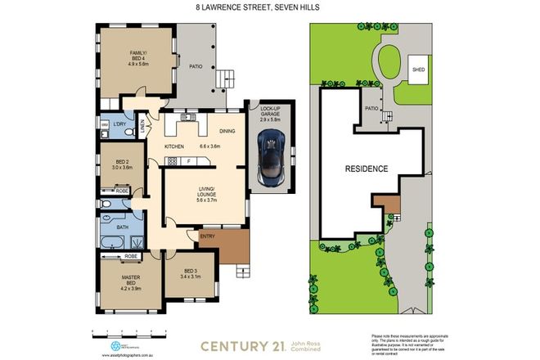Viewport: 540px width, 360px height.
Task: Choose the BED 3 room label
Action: click(x=189, y=273)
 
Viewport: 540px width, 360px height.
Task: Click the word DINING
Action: click(x=227, y=130)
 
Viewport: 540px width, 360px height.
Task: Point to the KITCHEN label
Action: click(x=175, y=146)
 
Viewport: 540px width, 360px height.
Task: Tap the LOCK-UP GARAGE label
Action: click(x=270, y=111)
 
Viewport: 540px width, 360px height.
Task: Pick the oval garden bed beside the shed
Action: click(x=389, y=63)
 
